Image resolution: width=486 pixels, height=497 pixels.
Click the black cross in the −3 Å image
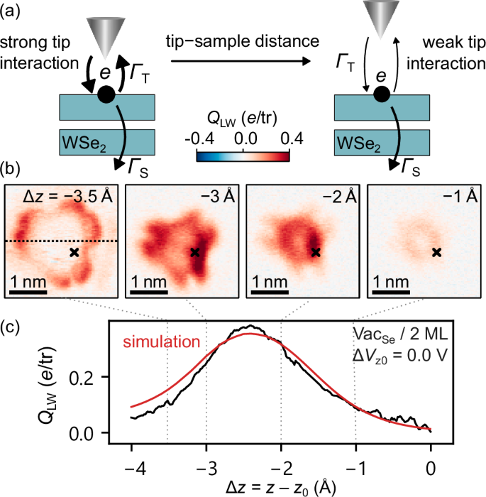pyautogui.click(x=194, y=252)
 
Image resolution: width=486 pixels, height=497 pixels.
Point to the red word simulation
pyautogui.click(x=162, y=342)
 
